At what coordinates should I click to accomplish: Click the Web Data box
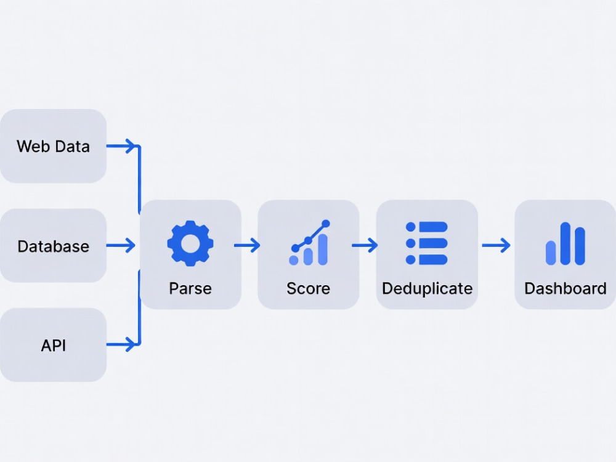pos(53,146)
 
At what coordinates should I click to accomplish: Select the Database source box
pos(53,246)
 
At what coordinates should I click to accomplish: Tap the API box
pos(53,345)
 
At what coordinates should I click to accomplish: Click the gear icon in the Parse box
pos(190,243)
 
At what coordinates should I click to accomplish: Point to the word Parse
pos(190,288)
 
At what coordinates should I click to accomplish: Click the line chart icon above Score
pos(309,243)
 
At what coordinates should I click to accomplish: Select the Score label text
pos(309,288)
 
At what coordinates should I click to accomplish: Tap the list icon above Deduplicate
pos(427,243)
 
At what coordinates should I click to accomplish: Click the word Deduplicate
pos(427,288)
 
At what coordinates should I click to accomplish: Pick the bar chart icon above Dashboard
pos(565,243)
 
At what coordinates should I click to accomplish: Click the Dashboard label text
pos(565,288)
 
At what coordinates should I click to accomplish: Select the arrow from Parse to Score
pos(247,245)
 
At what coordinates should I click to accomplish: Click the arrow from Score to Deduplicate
pos(365,245)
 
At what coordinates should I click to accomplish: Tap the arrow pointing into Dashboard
pos(496,245)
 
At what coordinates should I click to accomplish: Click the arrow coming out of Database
pos(121,245)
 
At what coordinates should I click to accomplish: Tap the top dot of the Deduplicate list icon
pos(410,227)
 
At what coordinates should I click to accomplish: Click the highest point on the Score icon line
pos(326,224)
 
